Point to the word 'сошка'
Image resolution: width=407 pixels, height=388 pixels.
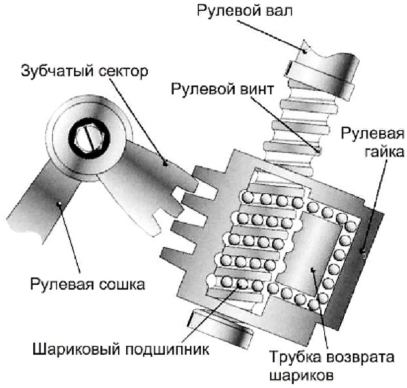(123, 283)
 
